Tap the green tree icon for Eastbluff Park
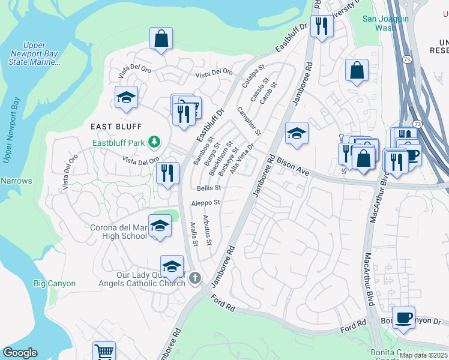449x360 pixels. (x=155, y=142)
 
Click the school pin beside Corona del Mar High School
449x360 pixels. (x=159, y=226)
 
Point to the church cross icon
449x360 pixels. (x=194, y=278)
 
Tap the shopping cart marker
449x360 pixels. (x=104, y=352)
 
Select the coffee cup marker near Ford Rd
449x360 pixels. (x=403, y=317)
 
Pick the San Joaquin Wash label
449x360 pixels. (x=385, y=23)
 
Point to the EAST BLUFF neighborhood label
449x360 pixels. (x=116, y=126)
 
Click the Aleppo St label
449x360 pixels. (x=206, y=203)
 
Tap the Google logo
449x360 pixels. (x=20, y=353)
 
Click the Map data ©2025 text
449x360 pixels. (x=423, y=355)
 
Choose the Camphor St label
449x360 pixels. (x=249, y=120)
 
